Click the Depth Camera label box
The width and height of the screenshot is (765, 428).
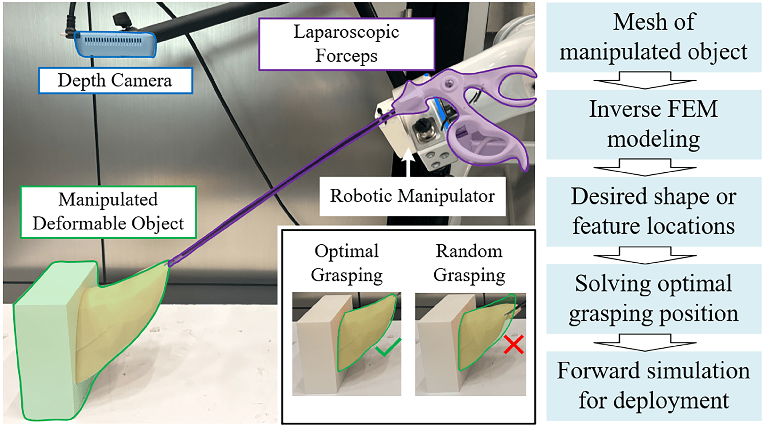[x=116, y=80]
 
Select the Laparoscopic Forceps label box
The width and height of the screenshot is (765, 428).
[x=347, y=44]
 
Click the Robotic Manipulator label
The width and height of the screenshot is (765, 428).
[x=412, y=196]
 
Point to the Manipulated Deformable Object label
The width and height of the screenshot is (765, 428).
[x=108, y=212]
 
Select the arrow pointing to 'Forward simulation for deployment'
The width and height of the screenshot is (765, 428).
[x=645, y=342]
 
